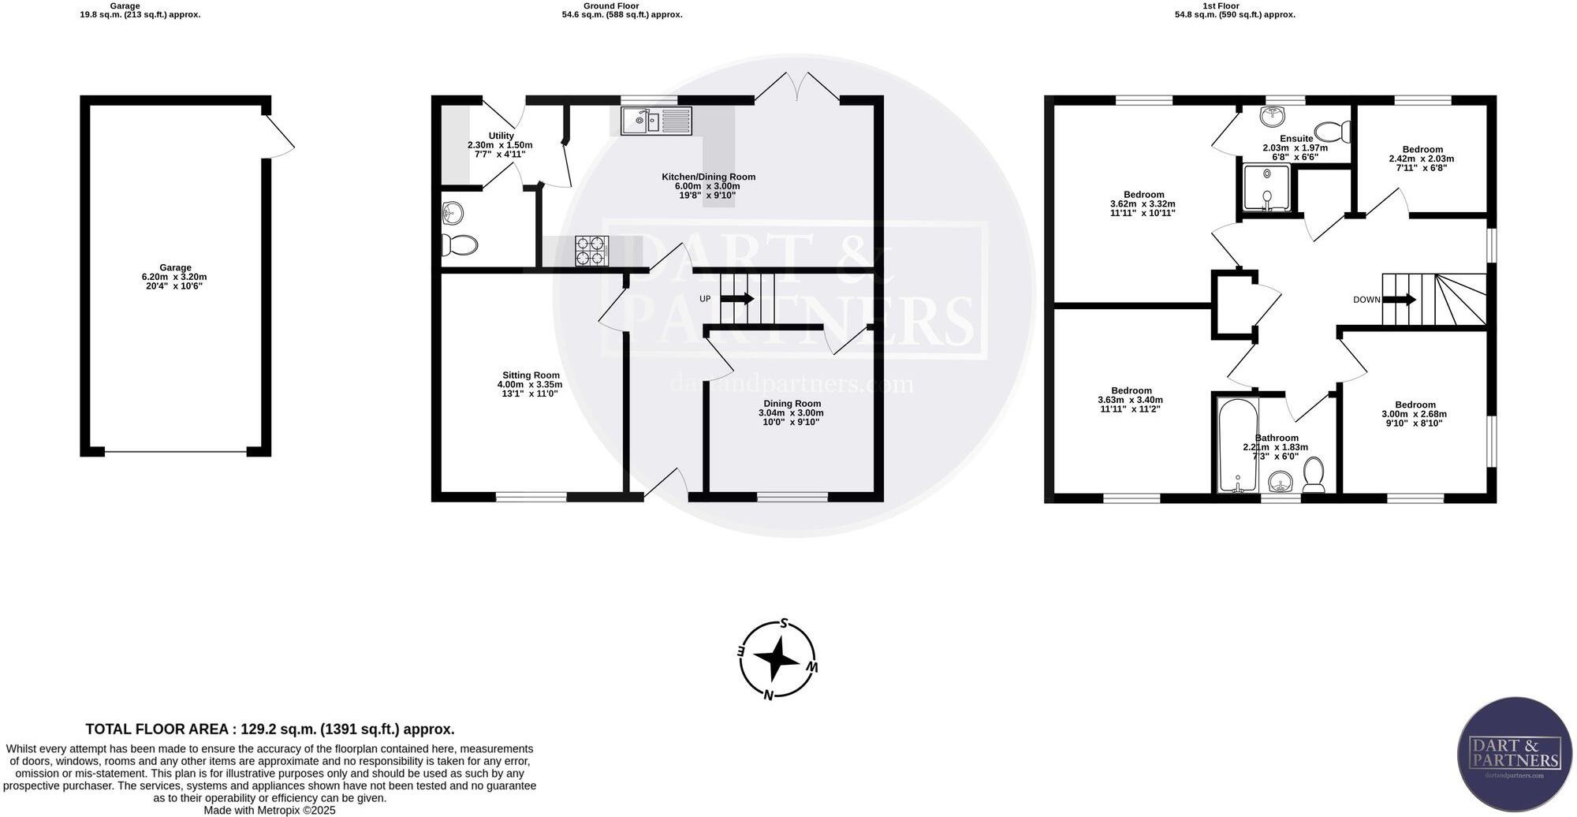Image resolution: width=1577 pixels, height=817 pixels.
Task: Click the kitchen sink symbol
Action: [x=656, y=121]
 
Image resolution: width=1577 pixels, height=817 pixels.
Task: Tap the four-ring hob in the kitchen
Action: [x=592, y=251]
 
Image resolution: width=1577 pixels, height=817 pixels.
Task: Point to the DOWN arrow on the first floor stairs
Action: [x=1400, y=300]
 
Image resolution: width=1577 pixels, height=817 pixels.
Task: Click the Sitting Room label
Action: [x=531, y=375]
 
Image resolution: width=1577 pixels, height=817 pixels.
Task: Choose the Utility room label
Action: [x=501, y=136]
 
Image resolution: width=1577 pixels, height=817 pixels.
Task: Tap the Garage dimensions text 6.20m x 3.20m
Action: [x=175, y=277]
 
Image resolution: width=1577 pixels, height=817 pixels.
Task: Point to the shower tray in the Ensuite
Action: [x=1266, y=187]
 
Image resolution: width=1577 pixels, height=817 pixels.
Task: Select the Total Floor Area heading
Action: [x=270, y=729]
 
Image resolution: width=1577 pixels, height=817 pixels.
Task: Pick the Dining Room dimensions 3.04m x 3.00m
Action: [x=791, y=412]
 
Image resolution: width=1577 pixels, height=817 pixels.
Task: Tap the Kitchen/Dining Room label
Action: [x=708, y=177]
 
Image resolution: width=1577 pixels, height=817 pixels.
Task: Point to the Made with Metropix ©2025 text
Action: [x=270, y=810]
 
